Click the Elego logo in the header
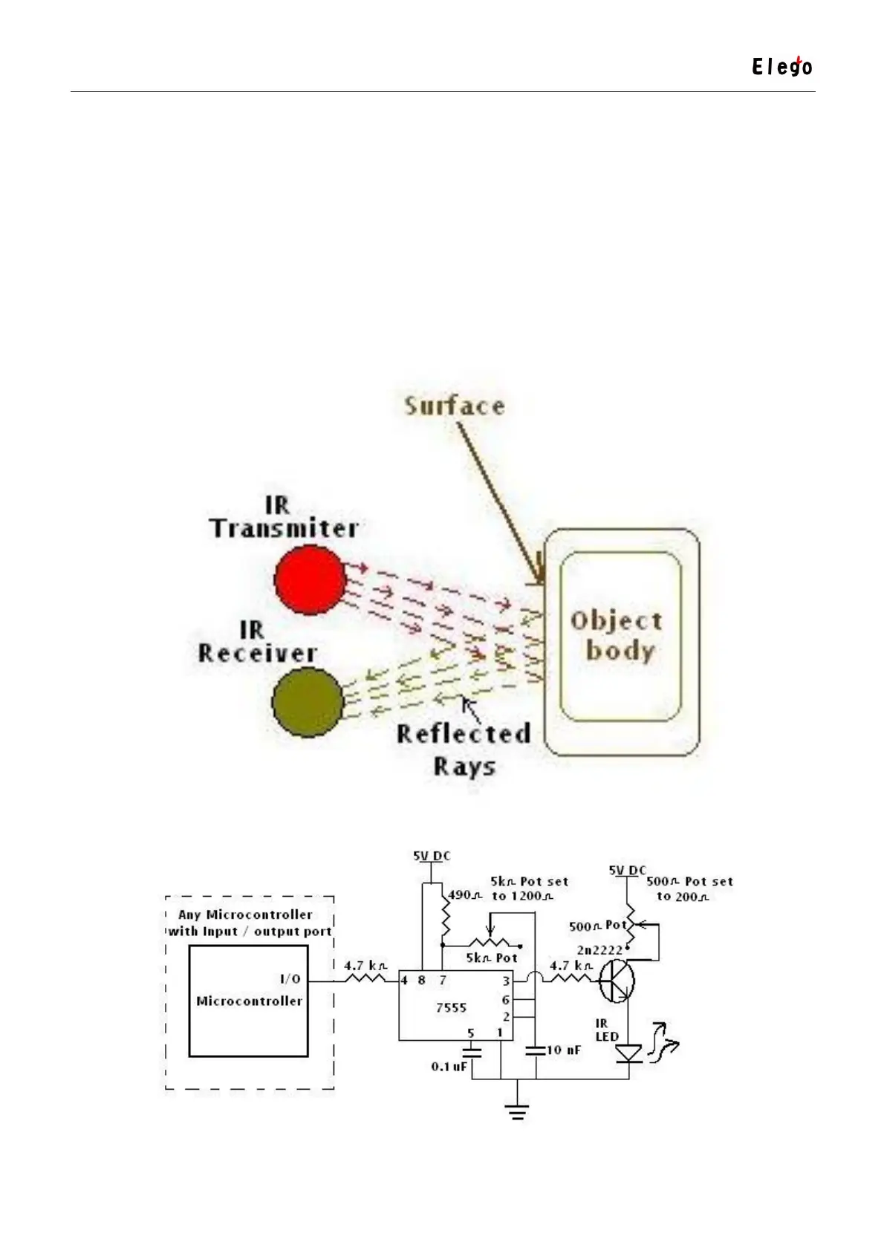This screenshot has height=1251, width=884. pyautogui.click(x=781, y=67)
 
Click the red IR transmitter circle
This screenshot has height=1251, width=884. pyautogui.click(x=310, y=579)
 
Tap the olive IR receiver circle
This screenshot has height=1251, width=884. pyautogui.click(x=308, y=702)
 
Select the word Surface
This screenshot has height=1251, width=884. pyautogui.click(x=455, y=406)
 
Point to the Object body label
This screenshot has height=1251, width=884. pyautogui.click(x=616, y=636)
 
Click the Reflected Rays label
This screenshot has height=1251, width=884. pyautogui.click(x=464, y=749)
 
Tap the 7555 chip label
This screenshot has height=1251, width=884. pyautogui.click(x=451, y=1008)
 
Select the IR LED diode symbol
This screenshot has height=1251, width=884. pyautogui.click(x=629, y=1053)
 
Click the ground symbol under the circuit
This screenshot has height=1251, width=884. pyautogui.click(x=517, y=1111)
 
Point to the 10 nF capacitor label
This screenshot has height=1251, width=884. pyautogui.click(x=563, y=1050)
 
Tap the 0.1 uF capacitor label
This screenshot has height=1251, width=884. pyautogui.click(x=449, y=1067)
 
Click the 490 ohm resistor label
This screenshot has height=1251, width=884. pyautogui.click(x=465, y=895)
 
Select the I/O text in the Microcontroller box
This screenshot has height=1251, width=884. pyautogui.click(x=290, y=979)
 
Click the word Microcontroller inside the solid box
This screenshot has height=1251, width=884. pyautogui.click(x=249, y=1001)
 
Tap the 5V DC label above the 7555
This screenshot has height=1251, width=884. pyautogui.click(x=432, y=857)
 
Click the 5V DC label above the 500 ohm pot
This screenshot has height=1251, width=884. pyautogui.click(x=628, y=870)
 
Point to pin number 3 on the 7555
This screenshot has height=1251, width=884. pyautogui.click(x=506, y=981)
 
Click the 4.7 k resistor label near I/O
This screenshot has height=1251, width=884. pyautogui.click(x=365, y=966)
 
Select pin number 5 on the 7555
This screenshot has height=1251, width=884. pyautogui.click(x=471, y=1033)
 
